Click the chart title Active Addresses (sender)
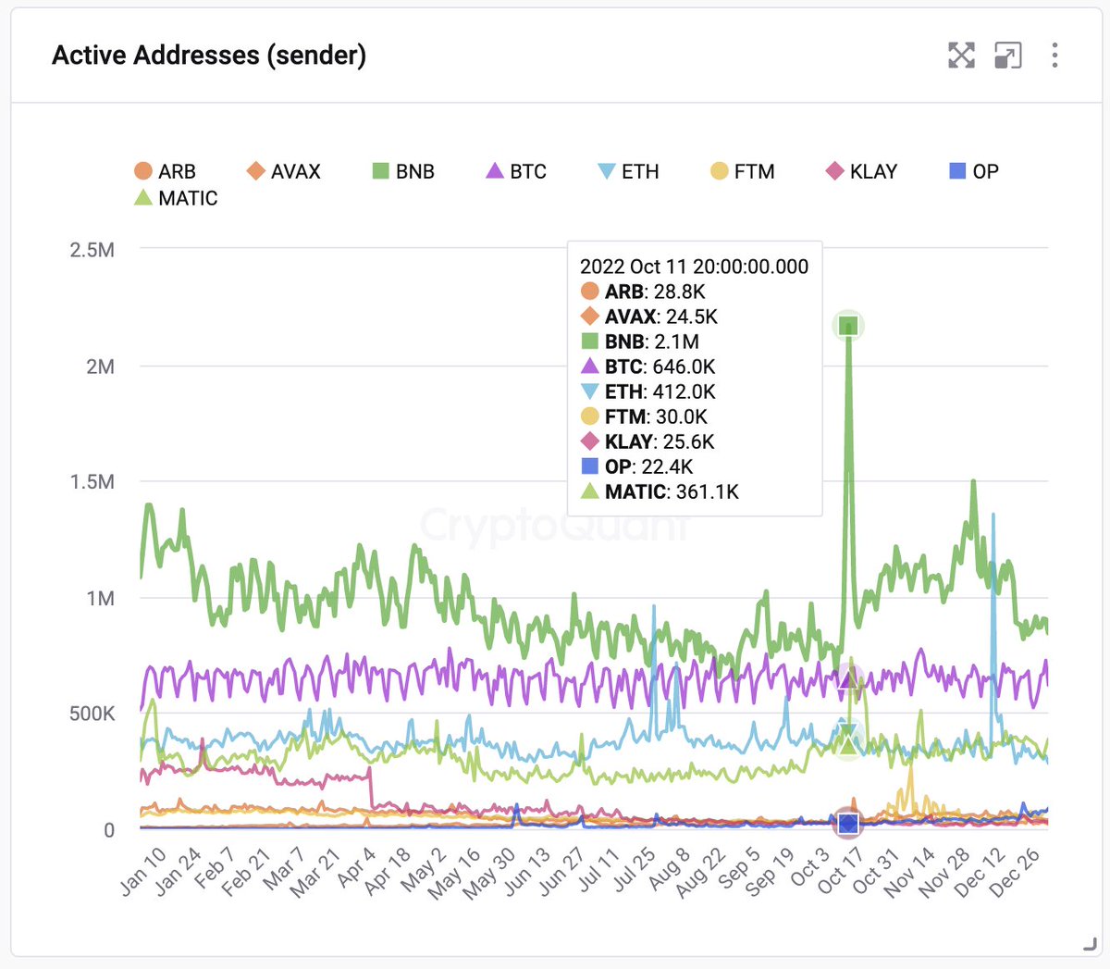[x=209, y=56]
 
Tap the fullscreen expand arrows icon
[x=961, y=56]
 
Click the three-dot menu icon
[x=1054, y=56]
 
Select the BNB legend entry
[x=403, y=171]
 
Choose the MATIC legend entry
[x=176, y=198]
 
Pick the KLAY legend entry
[x=861, y=171]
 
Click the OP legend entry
[x=974, y=171]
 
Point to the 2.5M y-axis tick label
[x=92, y=250]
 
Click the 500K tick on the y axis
[x=92, y=714]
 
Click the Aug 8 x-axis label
[x=669, y=870]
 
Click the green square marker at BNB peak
[x=848, y=326]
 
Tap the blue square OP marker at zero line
[x=848, y=823]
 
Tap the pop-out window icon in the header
[x=1007, y=56]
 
